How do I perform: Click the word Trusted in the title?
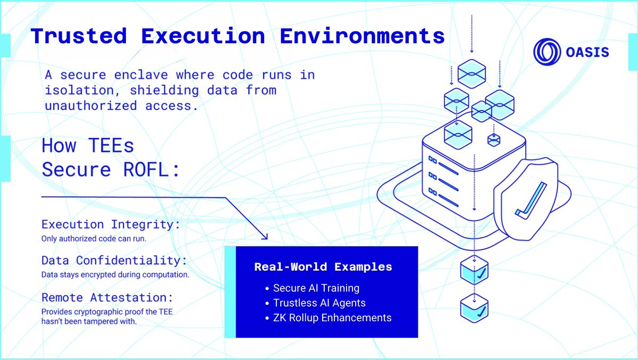point(79,36)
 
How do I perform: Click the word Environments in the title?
point(363,36)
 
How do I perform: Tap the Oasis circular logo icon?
point(547,52)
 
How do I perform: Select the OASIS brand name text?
point(587,52)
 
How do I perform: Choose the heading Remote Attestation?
point(107,297)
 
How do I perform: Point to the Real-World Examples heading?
point(323,267)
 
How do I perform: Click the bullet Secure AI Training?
point(316,288)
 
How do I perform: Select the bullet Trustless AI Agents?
point(319,303)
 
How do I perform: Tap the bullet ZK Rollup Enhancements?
point(332,318)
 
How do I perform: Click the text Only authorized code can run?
point(94,239)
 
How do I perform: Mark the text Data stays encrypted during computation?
point(115,275)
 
